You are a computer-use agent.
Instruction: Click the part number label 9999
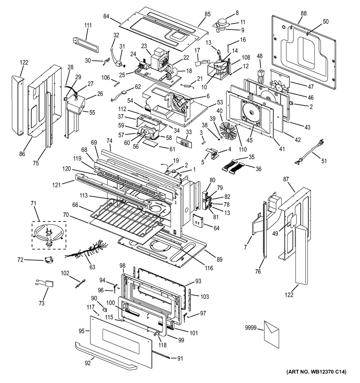pyautogui.click(x=251, y=328)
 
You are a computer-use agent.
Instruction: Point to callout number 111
pyautogui.click(x=88, y=25)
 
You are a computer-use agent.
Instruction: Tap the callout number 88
pyautogui.click(x=304, y=14)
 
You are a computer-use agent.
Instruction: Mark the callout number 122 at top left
pyautogui.click(x=24, y=63)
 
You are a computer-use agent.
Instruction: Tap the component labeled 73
pyautogui.click(x=45, y=286)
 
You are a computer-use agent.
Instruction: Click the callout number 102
pyautogui.click(x=65, y=273)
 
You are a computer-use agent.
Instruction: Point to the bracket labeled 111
pyautogui.click(x=86, y=42)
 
